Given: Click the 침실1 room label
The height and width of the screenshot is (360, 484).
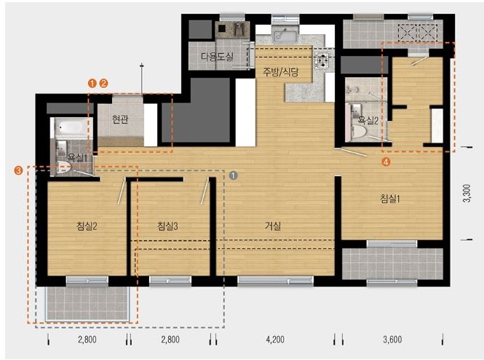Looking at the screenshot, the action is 390,199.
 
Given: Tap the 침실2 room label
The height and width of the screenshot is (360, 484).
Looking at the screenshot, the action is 87,226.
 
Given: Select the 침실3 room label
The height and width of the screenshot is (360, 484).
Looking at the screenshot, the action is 167,226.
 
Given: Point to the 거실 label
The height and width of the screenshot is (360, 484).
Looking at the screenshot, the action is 273,226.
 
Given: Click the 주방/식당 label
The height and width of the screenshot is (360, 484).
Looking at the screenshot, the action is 281,72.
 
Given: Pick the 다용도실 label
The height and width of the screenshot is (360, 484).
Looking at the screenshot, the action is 217,57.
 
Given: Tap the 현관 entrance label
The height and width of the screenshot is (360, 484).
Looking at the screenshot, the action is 120,119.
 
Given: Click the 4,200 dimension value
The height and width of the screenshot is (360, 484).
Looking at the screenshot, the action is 275,340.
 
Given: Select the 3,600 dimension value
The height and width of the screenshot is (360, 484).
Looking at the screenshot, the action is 392,340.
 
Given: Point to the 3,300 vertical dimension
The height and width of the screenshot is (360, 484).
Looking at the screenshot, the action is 467,193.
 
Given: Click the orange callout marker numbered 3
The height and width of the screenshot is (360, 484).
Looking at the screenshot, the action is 19,170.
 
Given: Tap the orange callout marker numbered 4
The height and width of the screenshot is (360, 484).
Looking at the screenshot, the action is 386,161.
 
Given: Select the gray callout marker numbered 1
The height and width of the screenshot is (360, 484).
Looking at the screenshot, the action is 234,175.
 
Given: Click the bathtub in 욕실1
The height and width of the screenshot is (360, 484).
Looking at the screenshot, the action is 71,127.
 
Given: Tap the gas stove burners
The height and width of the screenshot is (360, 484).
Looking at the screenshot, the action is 322,60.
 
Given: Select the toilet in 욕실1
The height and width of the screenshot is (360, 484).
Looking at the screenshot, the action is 64,167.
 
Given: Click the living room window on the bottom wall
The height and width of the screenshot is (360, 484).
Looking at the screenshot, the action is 276,281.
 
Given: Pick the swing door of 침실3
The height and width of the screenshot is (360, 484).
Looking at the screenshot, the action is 205,192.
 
